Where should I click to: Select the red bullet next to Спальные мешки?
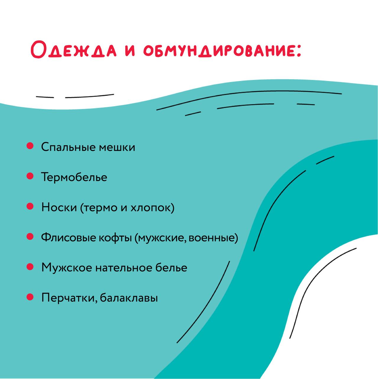coord(30,146)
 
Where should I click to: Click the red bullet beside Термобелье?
coord(30,176)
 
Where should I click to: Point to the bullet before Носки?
coord(30,206)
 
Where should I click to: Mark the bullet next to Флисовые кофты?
coord(30,237)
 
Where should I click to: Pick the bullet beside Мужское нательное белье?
coord(30,267)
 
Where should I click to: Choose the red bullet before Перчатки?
coord(30,297)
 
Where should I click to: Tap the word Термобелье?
coord(74,177)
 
